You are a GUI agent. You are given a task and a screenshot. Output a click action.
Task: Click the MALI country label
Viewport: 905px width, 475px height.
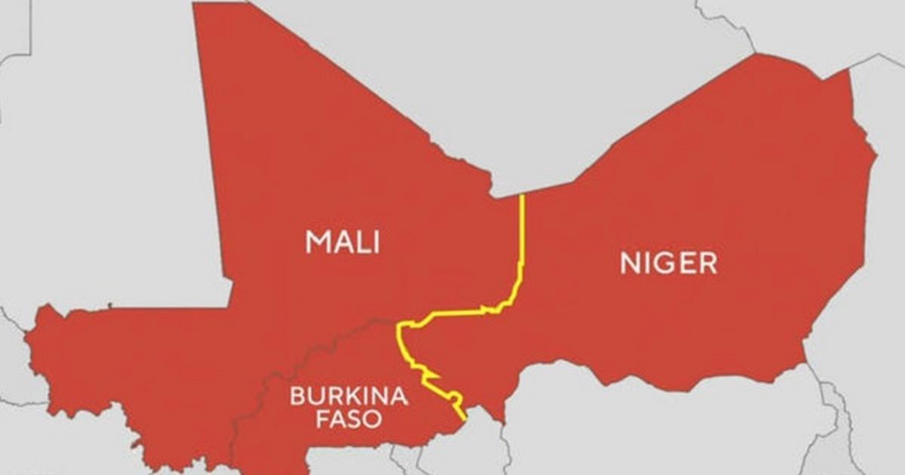tap(342, 242)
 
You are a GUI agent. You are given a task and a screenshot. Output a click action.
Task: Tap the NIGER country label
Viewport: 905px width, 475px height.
tap(668, 263)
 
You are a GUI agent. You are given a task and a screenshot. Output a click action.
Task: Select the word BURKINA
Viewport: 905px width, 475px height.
tap(349, 396)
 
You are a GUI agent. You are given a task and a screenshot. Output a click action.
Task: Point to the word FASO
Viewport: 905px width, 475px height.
tap(349, 419)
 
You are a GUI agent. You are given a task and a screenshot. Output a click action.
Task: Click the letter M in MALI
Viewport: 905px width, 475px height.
tap(318, 242)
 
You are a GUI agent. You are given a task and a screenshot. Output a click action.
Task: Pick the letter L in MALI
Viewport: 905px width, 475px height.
tap(363, 242)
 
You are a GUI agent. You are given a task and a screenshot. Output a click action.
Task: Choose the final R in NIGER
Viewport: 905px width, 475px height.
tap(708, 263)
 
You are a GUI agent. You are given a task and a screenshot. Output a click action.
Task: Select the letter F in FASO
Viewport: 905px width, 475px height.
tap(322, 419)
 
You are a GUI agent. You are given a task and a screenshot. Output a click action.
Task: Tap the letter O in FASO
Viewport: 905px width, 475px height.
tap(374, 419)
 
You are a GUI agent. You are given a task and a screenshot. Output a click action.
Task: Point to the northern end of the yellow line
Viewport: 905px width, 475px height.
tap(522, 196)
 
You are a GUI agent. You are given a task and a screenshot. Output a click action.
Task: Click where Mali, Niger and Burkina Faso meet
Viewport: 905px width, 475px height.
tap(400, 326)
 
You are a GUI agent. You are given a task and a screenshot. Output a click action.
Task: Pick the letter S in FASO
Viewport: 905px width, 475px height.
tap(356, 419)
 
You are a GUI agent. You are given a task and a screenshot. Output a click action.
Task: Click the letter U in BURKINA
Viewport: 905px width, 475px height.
tap(315, 396)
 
